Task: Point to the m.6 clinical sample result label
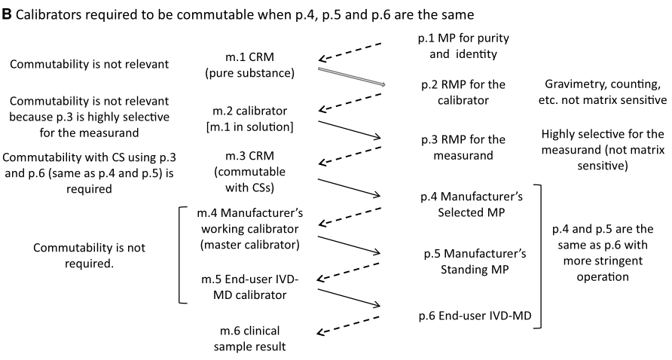249,339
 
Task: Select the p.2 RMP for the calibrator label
454,93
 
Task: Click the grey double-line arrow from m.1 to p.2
351,75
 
